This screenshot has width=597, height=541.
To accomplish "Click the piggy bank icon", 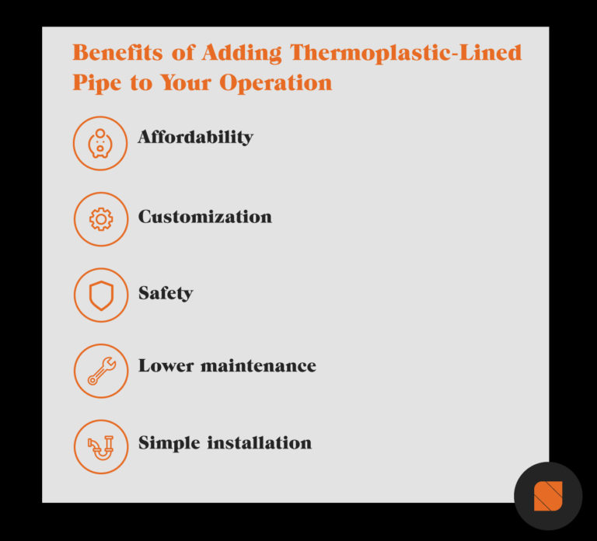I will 100,143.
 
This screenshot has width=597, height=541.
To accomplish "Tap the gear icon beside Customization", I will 100,219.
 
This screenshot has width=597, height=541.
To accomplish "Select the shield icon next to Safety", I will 100,295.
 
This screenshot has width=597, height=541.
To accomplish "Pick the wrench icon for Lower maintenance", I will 100,371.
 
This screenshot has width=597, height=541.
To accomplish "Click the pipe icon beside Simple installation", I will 100,447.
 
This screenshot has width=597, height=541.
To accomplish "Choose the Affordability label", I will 196,138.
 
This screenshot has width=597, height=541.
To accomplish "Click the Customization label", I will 205,217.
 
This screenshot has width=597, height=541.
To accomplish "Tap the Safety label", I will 166,293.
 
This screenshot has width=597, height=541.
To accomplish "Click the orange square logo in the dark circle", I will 548,496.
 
